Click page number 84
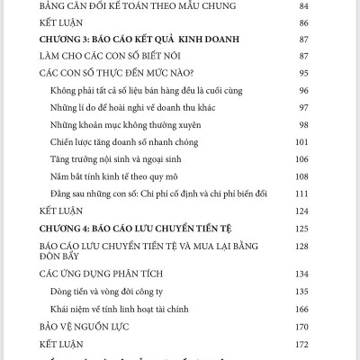click(x=327, y=6)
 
